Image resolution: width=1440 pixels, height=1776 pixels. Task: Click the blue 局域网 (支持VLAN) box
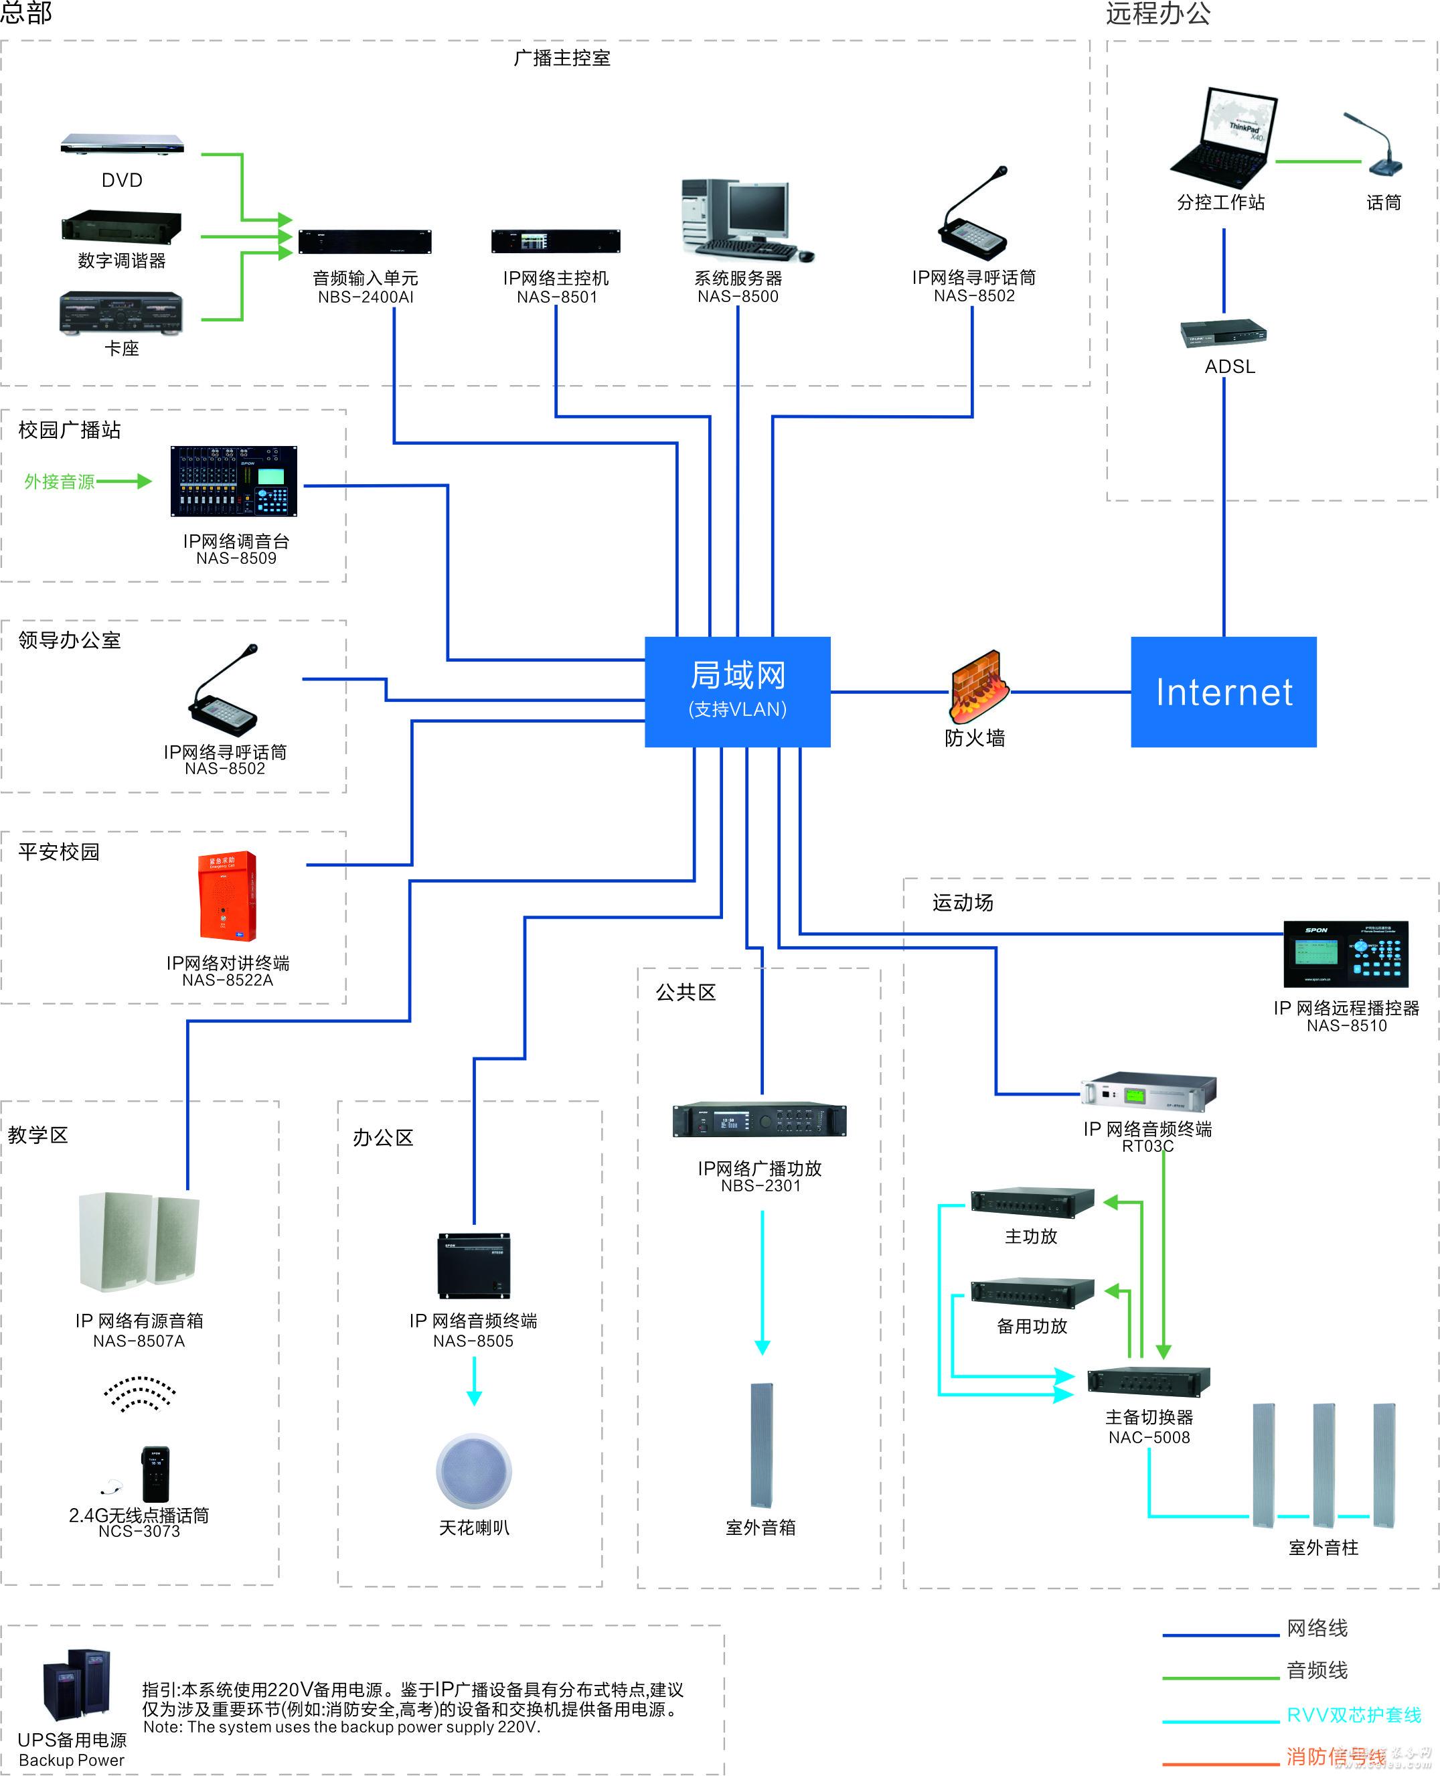tap(738, 691)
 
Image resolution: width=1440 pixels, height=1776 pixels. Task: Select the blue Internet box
tap(1224, 691)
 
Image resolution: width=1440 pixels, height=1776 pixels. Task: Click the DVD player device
tap(122, 145)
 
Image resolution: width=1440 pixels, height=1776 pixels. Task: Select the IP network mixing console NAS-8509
tap(234, 482)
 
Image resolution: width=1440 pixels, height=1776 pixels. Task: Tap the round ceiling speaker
tap(474, 1471)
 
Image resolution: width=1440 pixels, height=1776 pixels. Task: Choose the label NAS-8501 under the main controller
tap(556, 297)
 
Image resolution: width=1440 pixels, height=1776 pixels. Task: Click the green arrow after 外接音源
tap(125, 482)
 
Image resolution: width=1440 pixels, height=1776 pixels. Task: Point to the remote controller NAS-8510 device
tap(1346, 954)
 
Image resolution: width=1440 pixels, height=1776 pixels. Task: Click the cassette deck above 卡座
tap(121, 312)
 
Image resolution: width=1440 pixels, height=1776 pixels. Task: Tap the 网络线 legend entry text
tap(1317, 1628)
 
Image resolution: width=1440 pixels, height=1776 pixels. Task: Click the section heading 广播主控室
tap(562, 58)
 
